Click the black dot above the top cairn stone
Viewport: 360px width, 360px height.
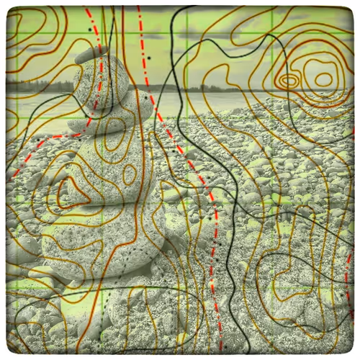click(x=90, y=30)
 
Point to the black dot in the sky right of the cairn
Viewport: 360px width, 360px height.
click(x=150, y=57)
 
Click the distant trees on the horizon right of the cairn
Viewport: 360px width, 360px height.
click(x=216, y=89)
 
